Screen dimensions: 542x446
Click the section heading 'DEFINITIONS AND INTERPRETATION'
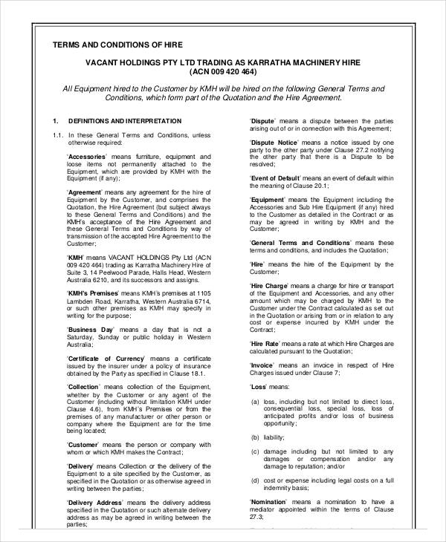point(124,121)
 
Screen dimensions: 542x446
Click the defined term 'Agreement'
point(85,192)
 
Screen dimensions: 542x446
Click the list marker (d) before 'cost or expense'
point(255,480)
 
